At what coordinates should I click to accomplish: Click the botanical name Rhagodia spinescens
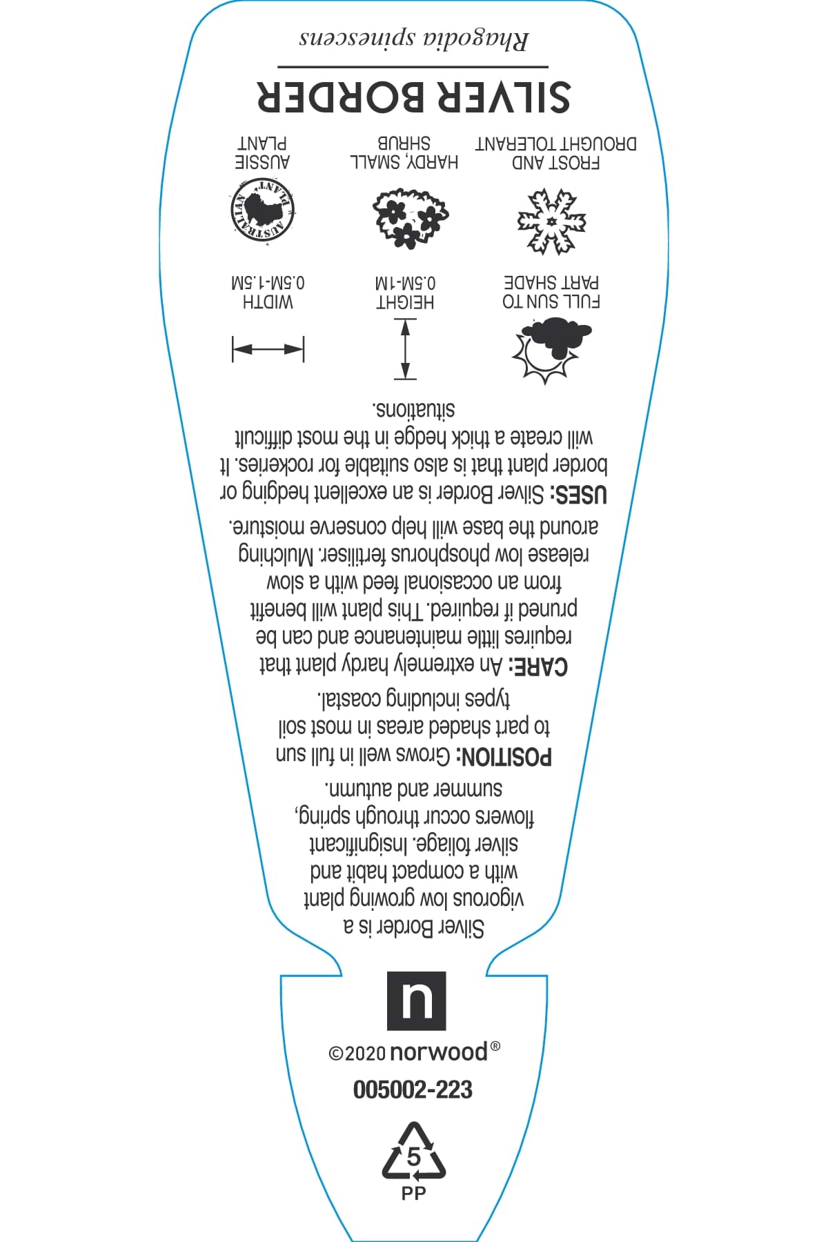point(413,38)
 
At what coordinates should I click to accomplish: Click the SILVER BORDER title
point(413,96)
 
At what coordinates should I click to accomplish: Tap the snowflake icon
point(551,222)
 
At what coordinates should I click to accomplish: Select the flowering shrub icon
point(410,218)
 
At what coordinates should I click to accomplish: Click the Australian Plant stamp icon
point(261,210)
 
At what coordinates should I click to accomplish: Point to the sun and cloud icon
point(551,349)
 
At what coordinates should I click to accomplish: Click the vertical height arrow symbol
point(405,349)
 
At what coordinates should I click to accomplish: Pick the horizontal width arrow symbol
point(268,349)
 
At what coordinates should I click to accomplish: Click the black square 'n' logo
point(416,1000)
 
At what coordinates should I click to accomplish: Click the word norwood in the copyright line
point(438,1053)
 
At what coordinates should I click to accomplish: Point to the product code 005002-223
point(413,1090)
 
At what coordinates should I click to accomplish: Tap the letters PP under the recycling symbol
point(413,1193)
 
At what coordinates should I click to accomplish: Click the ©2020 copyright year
point(357,1054)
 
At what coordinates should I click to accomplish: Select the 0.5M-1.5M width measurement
point(268,284)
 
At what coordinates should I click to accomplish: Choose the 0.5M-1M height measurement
point(405,284)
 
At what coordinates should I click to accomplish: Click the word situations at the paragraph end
point(415,409)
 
